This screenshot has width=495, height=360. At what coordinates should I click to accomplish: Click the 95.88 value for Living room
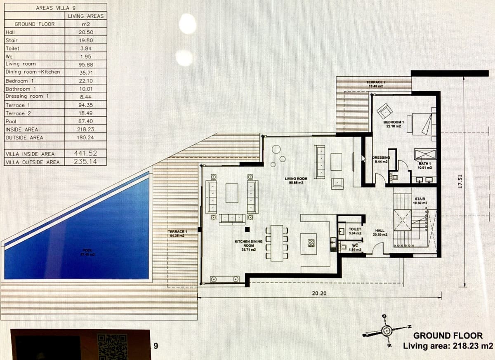point(85,64)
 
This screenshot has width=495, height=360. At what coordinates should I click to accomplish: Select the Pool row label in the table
point(11,121)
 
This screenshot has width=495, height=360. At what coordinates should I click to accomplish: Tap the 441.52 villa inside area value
point(85,153)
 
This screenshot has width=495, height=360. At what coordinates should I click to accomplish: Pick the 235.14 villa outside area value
point(85,162)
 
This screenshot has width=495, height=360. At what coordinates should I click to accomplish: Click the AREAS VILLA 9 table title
point(56,8)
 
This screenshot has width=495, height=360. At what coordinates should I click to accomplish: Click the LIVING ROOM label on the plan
point(296,179)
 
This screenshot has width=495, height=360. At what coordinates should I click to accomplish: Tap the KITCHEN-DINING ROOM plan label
point(249,243)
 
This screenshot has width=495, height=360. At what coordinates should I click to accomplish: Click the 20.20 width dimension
point(319,294)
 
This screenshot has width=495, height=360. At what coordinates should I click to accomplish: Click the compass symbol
point(386,330)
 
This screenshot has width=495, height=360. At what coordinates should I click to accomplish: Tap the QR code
point(112,344)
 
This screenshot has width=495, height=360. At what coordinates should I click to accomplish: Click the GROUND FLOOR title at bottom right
point(448,336)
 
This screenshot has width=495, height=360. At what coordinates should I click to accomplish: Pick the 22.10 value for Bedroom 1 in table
point(85,81)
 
